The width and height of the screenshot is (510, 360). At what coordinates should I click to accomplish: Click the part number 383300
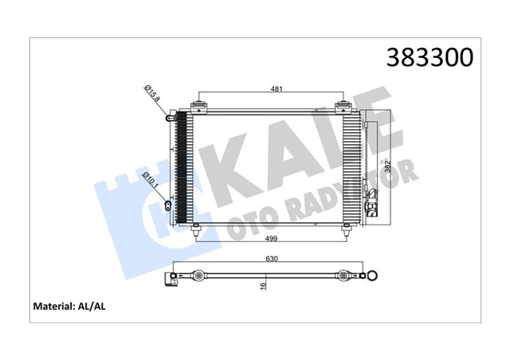(430, 57)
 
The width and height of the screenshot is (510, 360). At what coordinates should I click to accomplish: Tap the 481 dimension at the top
(273, 90)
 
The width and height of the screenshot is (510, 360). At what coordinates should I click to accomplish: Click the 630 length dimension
(273, 258)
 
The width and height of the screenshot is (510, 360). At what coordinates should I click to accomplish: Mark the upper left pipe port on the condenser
(169, 118)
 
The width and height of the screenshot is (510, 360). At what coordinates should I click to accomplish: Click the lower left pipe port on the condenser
(167, 205)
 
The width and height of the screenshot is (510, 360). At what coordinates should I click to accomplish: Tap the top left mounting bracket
(199, 104)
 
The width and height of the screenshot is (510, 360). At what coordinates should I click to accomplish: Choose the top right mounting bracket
(345, 104)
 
